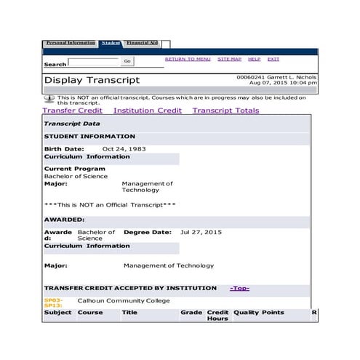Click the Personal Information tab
[x=71, y=43]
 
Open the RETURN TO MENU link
[x=188, y=59]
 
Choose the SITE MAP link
[x=229, y=59]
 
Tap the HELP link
[x=254, y=59]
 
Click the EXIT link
[x=273, y=59]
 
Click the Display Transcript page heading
[x=92, y=80]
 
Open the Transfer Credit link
[x=72, y=111]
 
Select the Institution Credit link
[x=148, y=111]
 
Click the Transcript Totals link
[x=225, y=111]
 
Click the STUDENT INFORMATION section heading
[x=89, y=136]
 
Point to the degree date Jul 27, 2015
[x=201, y=232]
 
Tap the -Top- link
[x=239, y=288]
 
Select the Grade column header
[x=191, y=312]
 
